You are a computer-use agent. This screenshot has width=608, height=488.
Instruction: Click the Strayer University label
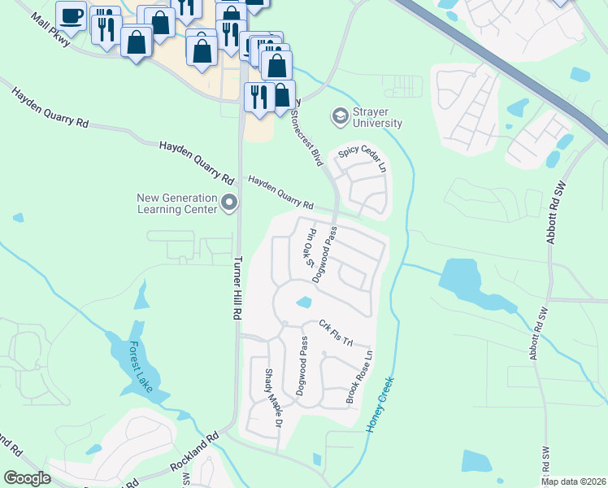[377, 117]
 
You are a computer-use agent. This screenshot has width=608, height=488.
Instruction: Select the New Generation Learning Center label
[176, 203]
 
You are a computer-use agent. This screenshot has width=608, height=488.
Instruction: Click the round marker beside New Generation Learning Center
[229, 203]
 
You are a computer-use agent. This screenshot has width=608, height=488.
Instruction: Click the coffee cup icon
[72, 15]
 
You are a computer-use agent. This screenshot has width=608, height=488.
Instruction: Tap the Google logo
[28, 478]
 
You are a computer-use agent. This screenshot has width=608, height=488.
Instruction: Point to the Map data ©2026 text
[574, 481]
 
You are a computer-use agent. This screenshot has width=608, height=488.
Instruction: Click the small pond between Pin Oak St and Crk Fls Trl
[304, 303]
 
